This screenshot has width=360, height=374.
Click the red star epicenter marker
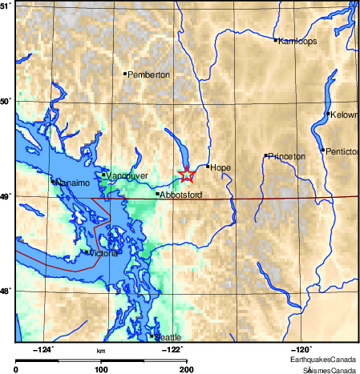(186, 174)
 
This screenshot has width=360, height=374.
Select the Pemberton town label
(149, 74)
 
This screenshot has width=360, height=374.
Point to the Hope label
(221, 167)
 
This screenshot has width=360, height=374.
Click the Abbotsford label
(180, 195)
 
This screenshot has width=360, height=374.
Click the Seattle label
(169, 337)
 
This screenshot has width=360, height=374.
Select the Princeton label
(287, 156)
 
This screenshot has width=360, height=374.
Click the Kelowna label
(345, 115)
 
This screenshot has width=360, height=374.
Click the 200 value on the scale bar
(186, 369)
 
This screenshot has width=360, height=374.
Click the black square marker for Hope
(208, 167)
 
